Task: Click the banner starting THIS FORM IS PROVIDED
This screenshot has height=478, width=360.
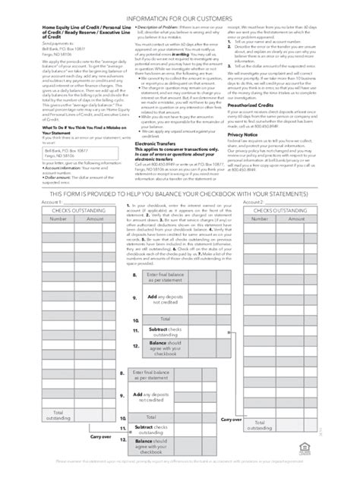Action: [180, 193]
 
